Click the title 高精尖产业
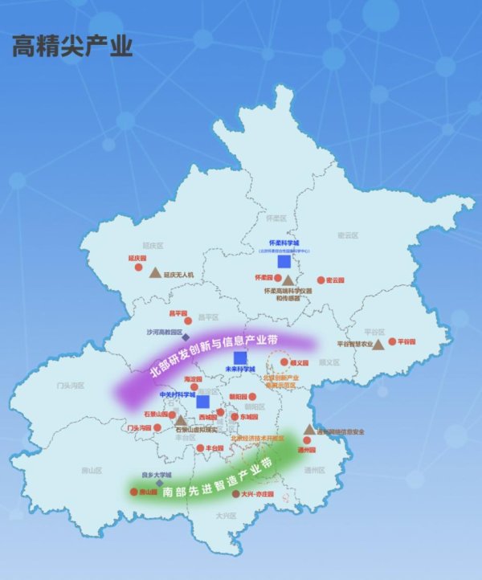pos(71,47)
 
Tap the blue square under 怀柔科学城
pos(284,261)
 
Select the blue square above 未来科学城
pos(240,357)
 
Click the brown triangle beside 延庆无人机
pos(154,272)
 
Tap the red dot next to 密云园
pos(321,280)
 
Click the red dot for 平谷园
pos(391,342)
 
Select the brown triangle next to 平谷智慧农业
pos(377,344)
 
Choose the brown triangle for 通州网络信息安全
pos(309,430)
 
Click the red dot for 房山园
pos(134,492)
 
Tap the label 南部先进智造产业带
pos(216,478)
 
